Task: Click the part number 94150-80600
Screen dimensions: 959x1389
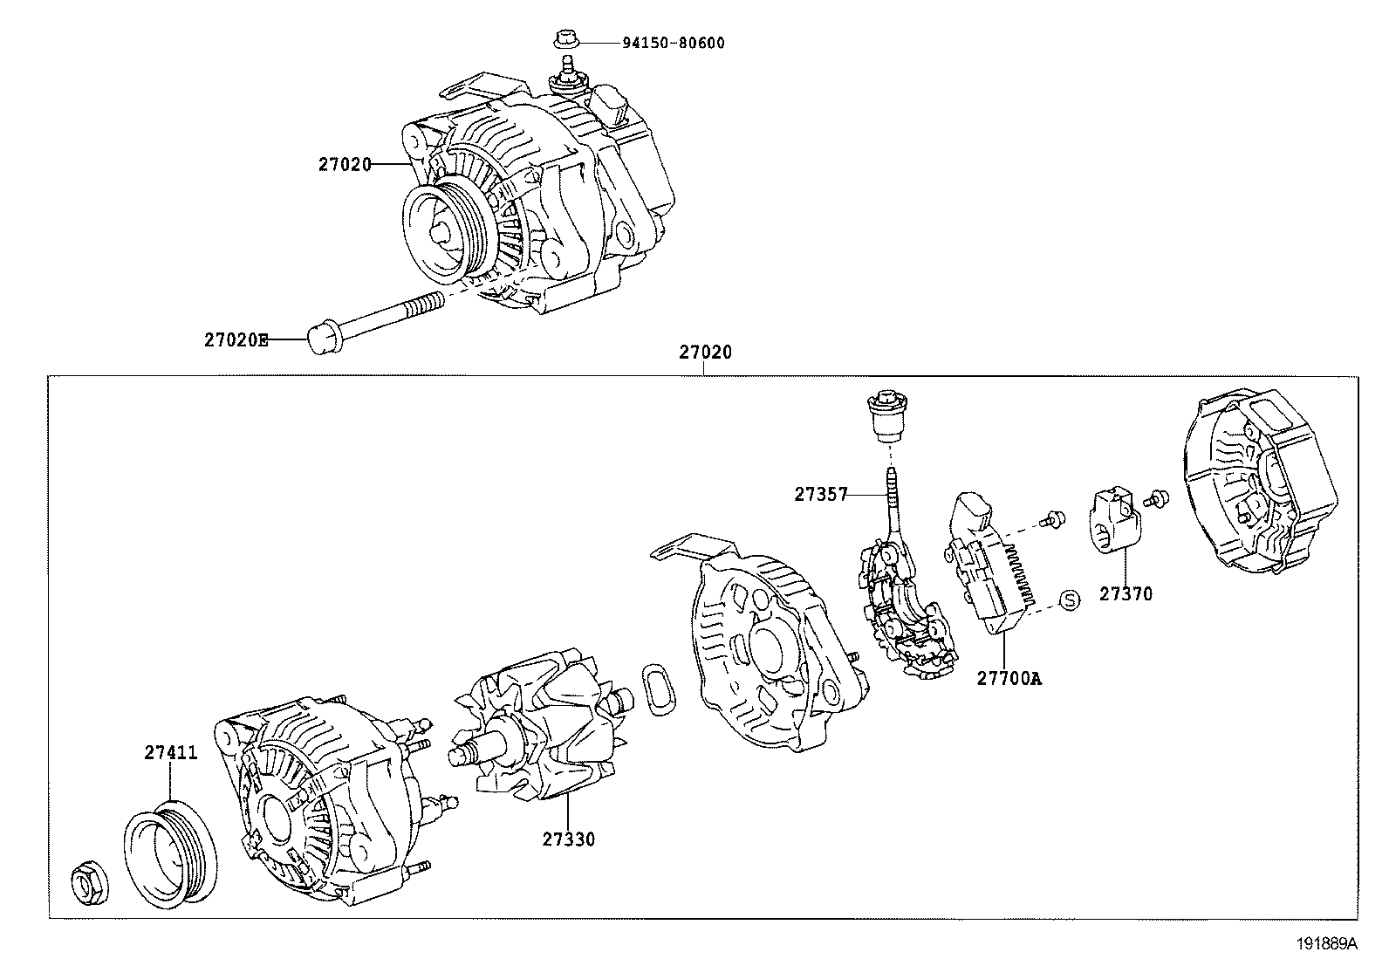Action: point(673,43)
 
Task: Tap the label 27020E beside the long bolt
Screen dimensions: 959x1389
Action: point(236,340)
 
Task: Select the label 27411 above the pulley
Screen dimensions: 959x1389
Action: point(171,753)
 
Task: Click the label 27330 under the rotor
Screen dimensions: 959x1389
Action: point(569,839)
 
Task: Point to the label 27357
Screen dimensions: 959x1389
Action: point(821,494)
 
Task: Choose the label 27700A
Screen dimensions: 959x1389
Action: point(1009,677)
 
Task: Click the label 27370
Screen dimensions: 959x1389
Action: point(1126,594)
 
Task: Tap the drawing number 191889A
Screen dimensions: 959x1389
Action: point(1326,943)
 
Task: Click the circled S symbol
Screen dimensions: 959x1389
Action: point(1070,599)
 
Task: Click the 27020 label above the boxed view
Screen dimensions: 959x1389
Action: point(705,353)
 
